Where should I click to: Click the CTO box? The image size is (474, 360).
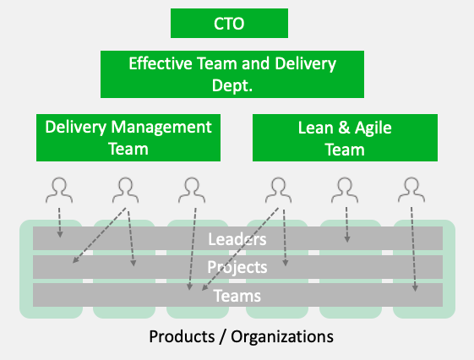(x=229, y=24)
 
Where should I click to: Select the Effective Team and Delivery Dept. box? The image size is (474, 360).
(x=232, y=74)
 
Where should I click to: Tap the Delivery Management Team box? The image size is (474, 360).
(x=128, y=138)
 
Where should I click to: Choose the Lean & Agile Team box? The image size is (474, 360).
(x=345, y=138)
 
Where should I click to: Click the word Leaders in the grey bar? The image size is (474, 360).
(x=237, y=239)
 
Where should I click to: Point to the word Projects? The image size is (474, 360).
(x=237, y=267)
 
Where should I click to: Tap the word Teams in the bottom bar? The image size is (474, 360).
(x=237, y=296)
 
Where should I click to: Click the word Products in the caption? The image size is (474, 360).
(x=182, y=336)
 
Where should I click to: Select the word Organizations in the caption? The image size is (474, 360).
(x=282, y=336)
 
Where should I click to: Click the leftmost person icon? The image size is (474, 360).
(x=59, y=190)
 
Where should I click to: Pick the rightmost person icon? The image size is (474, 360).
(x=411, y=190)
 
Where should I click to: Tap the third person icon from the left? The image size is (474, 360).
(x=192, y=190)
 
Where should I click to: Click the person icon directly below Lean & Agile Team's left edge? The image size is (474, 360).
(x=279, y=190)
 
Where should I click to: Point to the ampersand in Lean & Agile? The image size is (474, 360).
(x=344, y=128)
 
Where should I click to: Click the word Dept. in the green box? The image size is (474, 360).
(x=232, y=86)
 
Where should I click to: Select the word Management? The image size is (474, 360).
(x=161, y=128)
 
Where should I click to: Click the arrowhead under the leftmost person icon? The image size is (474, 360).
(x=60, y=235)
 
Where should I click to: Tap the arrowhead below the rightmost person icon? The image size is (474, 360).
(x=415, y=288)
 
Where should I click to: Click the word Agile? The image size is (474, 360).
(x=373, y=128)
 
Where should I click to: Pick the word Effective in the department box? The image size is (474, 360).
(x=161, y=63)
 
